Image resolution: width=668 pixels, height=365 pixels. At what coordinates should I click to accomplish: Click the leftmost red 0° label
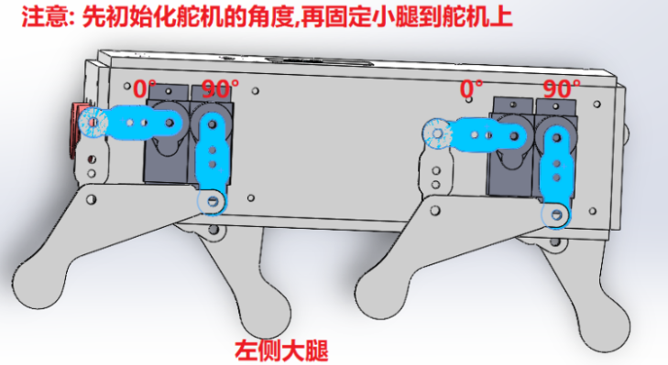(145, 88)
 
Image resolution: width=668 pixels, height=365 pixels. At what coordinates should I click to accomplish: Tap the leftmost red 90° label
(219, 89)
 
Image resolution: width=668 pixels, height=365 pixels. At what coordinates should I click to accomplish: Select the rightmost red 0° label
(471, 89)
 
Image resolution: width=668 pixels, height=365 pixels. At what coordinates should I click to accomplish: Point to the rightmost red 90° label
(562, 89)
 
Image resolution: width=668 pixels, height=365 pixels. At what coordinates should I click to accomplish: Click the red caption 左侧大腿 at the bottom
(281, 350)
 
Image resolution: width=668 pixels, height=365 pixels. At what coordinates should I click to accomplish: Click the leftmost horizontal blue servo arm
(131, 123)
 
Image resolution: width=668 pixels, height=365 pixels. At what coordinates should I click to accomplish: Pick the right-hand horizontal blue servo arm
(474, 134)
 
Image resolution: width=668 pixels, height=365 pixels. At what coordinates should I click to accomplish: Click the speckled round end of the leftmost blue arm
(93, 123)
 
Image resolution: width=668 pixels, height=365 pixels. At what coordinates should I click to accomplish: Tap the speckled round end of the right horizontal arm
(437, 134)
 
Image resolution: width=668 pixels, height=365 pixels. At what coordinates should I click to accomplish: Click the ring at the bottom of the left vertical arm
(213, 200)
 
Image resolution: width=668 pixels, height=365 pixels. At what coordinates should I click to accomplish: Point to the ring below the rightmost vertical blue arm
(556, 214)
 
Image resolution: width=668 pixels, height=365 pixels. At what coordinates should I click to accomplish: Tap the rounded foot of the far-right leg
(604, 327)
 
